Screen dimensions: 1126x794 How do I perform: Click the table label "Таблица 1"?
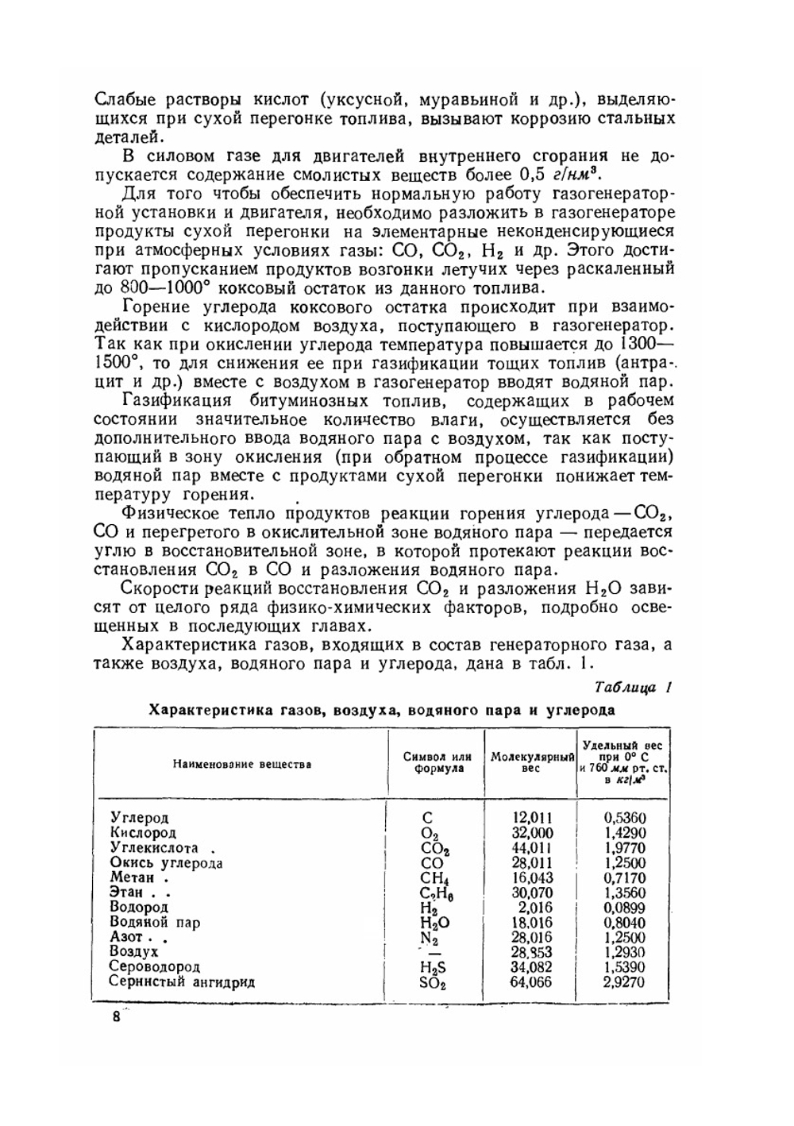(x=633, y=688)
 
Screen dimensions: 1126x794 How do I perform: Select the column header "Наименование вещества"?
(x=242, y=764)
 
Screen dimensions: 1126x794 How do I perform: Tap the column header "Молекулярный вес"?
(x=532, y=763)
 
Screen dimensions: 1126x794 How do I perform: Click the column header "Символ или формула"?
(x=437, y=763)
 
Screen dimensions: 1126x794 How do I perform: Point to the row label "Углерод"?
(x=140, y=818)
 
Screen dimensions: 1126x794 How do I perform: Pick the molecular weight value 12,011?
(x=533, y=818)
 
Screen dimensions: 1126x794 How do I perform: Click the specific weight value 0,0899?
(x=625, y=908)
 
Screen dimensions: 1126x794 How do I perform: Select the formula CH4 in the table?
(x=434, y=878)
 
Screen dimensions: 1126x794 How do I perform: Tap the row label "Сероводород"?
(x=155, y=967)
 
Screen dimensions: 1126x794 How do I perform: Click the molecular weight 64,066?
(x=533, y=982)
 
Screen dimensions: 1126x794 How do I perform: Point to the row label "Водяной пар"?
(x=155, y=923)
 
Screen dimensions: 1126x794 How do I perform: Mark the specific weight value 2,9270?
(x=625, y=982)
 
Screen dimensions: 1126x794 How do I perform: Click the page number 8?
(x=117, y=1017)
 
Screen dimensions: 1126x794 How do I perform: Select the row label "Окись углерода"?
(x=166, y=863)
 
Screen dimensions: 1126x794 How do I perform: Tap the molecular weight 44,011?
(x=533, y=848)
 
